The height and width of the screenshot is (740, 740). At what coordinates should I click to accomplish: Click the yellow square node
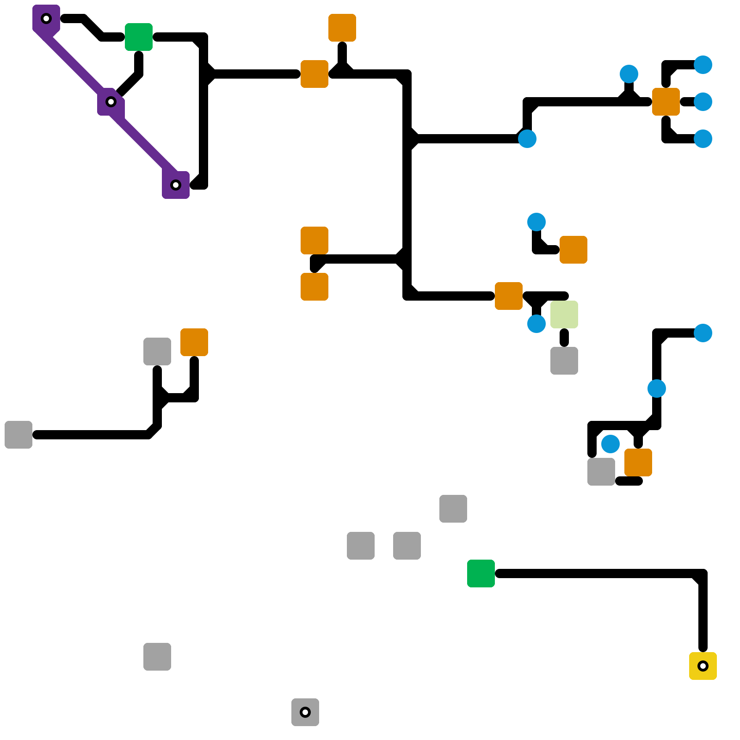[703, 666]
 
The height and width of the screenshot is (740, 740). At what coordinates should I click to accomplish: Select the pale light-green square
[564, 314]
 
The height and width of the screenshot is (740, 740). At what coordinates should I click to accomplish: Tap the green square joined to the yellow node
[481, 573]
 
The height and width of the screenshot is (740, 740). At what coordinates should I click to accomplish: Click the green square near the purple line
[139, 37]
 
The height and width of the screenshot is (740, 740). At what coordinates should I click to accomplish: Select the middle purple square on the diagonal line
[111, 102]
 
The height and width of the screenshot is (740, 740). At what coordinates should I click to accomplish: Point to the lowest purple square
[176, 185]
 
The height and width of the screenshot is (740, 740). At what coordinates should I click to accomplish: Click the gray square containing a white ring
[305, 712]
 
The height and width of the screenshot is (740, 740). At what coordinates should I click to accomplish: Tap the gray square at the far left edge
[18, 434]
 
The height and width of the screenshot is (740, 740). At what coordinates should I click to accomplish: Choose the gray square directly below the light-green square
[564, 360]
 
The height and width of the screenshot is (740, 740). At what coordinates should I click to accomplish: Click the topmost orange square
[342, 28]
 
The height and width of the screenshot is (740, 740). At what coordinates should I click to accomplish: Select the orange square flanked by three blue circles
[666, 102]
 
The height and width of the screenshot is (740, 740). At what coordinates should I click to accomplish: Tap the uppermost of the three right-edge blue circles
[703, 65]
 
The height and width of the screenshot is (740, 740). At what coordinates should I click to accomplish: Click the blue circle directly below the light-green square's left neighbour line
[536, 324]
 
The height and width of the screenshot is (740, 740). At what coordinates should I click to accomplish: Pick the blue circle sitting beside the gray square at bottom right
[610, 444]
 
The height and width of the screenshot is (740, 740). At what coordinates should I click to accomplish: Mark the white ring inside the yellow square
[703, 666]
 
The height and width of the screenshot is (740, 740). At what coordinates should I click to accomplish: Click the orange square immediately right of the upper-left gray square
[194, 342]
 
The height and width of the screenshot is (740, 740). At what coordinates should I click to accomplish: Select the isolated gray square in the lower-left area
[157, 656]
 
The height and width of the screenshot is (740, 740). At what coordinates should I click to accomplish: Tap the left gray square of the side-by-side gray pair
[361, 545]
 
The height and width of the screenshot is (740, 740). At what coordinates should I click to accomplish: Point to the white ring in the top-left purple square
[46, 18]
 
